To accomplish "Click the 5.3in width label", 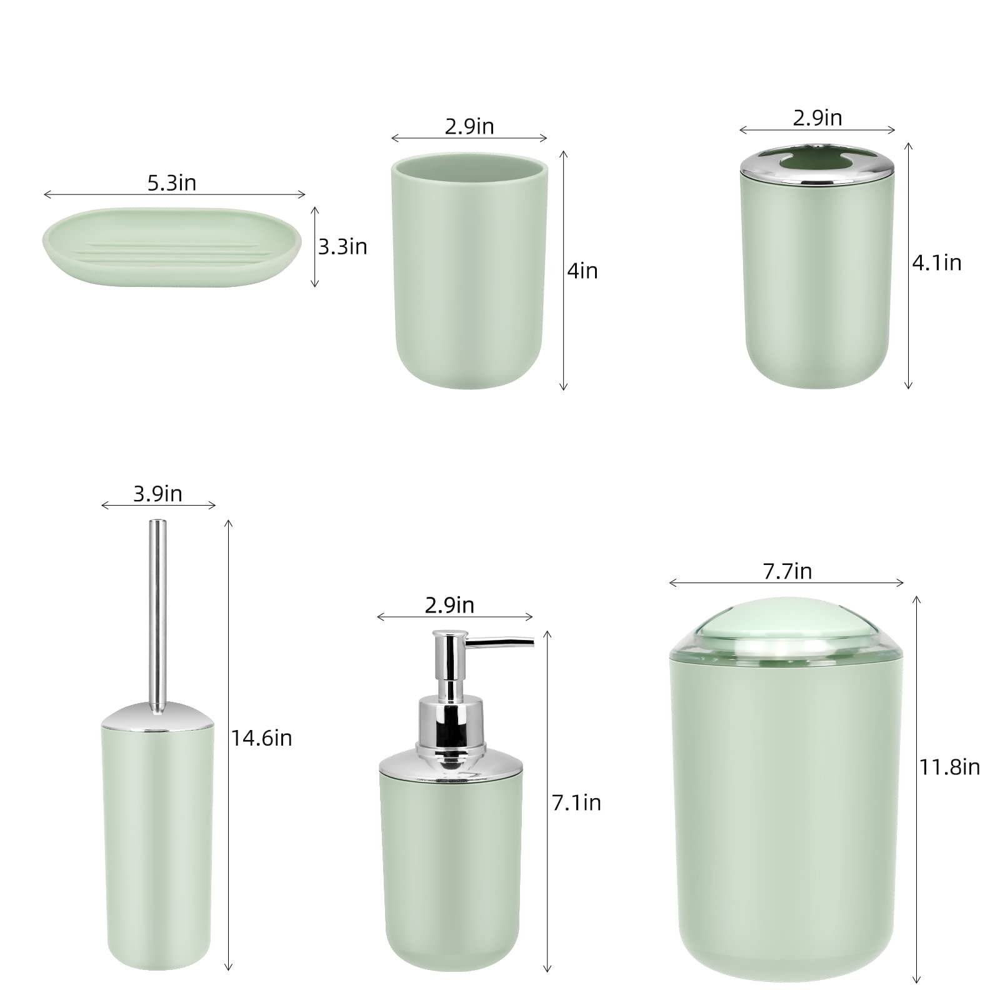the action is click(172, 182).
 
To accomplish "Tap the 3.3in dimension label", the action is click(342, 247).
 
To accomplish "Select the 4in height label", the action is click(582, 271).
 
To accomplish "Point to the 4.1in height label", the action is click(936, 262).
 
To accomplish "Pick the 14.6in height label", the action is click(262, 738).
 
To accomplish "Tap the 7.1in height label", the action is click(576, 802).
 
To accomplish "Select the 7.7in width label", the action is click(787, 571).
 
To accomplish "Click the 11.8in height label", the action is click(949, 766).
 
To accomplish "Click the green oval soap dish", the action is click(172, 247).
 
